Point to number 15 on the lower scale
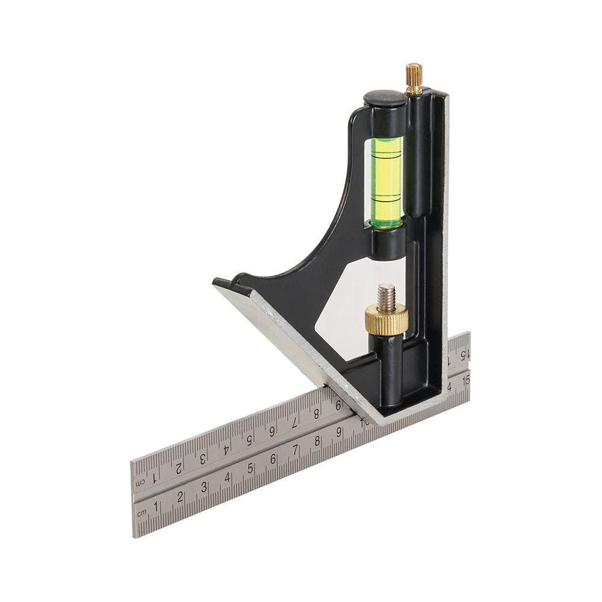pyautogui.click(x=464, y=380)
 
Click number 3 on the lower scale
pyautogui.click(x=205, y=488)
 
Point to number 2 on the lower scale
pyautogui.click(x=181, y=498)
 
